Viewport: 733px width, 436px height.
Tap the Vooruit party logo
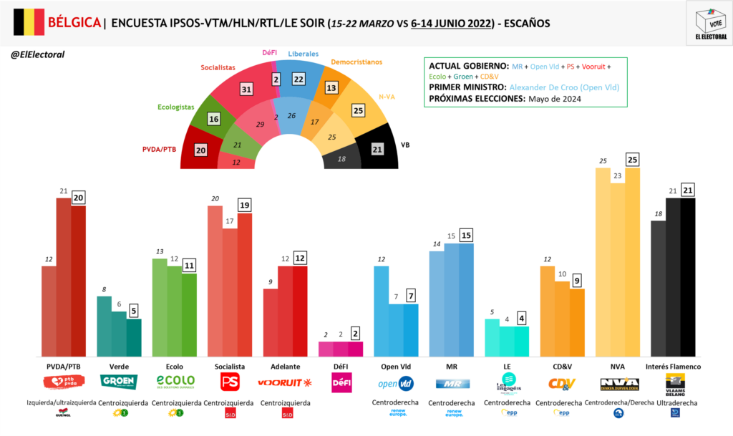point(285,382)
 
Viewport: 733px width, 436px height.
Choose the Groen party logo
point(119,382)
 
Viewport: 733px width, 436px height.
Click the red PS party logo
point(229,382)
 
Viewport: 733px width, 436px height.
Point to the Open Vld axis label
point(396,367)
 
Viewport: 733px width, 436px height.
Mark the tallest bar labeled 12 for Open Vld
point(381,311)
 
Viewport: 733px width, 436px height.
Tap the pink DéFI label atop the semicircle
point(270,53)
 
